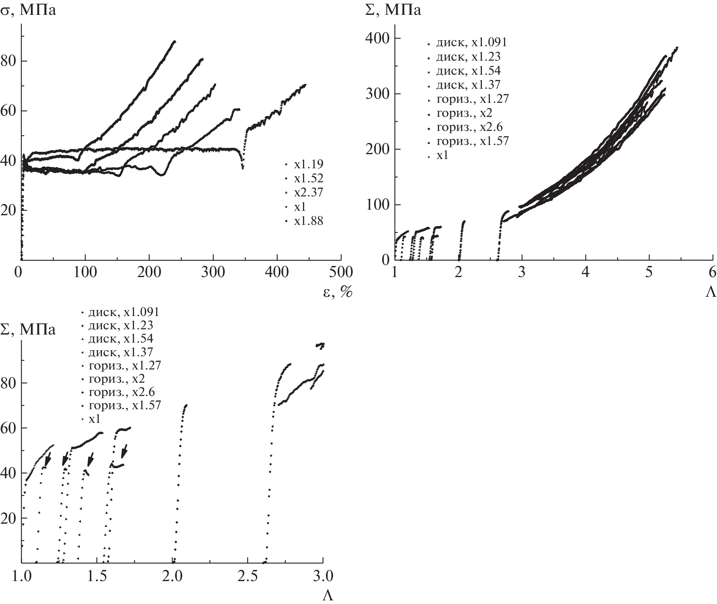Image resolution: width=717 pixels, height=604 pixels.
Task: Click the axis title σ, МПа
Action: pos(28,10)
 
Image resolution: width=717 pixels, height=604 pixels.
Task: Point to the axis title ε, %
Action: pos(337,293)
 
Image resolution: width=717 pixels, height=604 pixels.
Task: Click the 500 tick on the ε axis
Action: pos(341,272)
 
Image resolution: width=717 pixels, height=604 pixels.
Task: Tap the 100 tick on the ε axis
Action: pos(85,272)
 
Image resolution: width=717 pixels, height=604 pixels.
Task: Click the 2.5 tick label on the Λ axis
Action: pos(248,577)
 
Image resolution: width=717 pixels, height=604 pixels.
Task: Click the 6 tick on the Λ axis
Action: pos(712,272)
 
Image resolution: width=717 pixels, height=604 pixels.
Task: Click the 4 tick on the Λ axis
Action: pos(585,272)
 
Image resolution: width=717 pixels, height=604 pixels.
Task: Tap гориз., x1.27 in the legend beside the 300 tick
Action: pos(472,99)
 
